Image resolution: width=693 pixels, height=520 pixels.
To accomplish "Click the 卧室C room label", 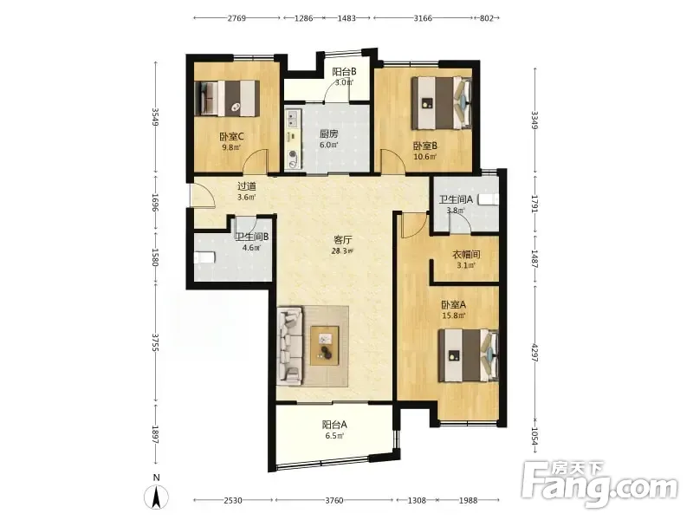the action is (x=231, y=137).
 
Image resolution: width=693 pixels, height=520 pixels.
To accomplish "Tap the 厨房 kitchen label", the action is (x=329, y=134).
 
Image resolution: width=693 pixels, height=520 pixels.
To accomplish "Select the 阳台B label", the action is (x=344, y=71).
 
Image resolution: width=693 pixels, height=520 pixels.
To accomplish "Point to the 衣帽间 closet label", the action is (x=466, y=255).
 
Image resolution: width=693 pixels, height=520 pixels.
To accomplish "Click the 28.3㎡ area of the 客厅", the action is (x=342, y=251).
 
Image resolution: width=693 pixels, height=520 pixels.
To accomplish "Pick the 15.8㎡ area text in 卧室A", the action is (x=453, y=315).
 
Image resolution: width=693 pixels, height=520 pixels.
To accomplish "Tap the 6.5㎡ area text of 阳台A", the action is (x=334, y=436).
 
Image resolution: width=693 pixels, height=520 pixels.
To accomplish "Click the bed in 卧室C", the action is (x=227, y=98).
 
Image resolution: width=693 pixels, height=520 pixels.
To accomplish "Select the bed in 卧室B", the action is (x=442, y=103).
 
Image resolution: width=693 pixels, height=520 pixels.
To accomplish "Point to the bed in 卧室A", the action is (x=468, y=355).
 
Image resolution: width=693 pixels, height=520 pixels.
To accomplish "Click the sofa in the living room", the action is (x=290, y=346).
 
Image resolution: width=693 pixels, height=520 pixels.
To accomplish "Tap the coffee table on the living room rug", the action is (x=325, y=346).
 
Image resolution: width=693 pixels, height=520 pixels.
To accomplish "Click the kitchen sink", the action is (x=293, y=119).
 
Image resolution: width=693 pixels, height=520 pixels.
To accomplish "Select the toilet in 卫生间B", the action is (x=204, y=257).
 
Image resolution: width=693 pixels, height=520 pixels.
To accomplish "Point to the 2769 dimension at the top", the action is (x=236, y=18).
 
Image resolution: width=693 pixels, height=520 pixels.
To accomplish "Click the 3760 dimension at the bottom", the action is (x=334, y=501).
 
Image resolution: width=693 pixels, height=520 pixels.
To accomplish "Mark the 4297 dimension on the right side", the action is (x=534, y=353).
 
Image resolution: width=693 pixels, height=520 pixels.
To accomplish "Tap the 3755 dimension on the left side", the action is (x=155, y=342).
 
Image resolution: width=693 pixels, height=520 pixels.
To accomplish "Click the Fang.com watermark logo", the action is (x=599, y=484).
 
